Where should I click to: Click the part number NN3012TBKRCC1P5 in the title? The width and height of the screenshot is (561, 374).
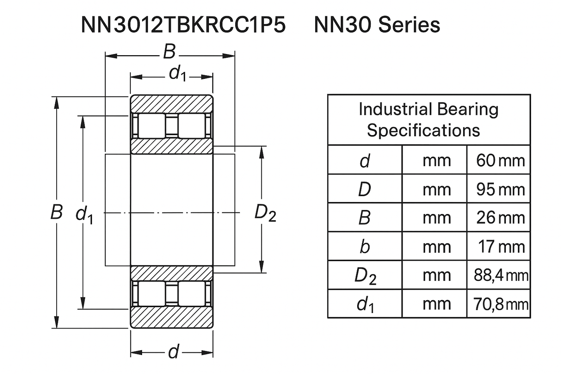[x=183, y=25]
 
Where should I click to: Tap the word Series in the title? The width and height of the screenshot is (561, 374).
[x=409, y=25]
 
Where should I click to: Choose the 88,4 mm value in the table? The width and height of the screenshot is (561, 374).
[x=500, y=275]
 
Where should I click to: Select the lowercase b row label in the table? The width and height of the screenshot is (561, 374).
[x=365, y=247]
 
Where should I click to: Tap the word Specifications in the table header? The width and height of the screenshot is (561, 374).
[x=423, y=130]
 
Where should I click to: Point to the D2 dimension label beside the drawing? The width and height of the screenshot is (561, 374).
[x=265, y=213]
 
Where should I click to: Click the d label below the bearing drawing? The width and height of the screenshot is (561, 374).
[x=174, y=352]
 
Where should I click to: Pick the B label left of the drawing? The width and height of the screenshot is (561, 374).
[x=57, y=212]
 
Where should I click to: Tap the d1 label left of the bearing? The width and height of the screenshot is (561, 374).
[x=84, y=214]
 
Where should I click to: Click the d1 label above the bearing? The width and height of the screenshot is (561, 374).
[x=177, y=73]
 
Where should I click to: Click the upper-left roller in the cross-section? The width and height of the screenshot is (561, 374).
[x=152, y=125]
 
